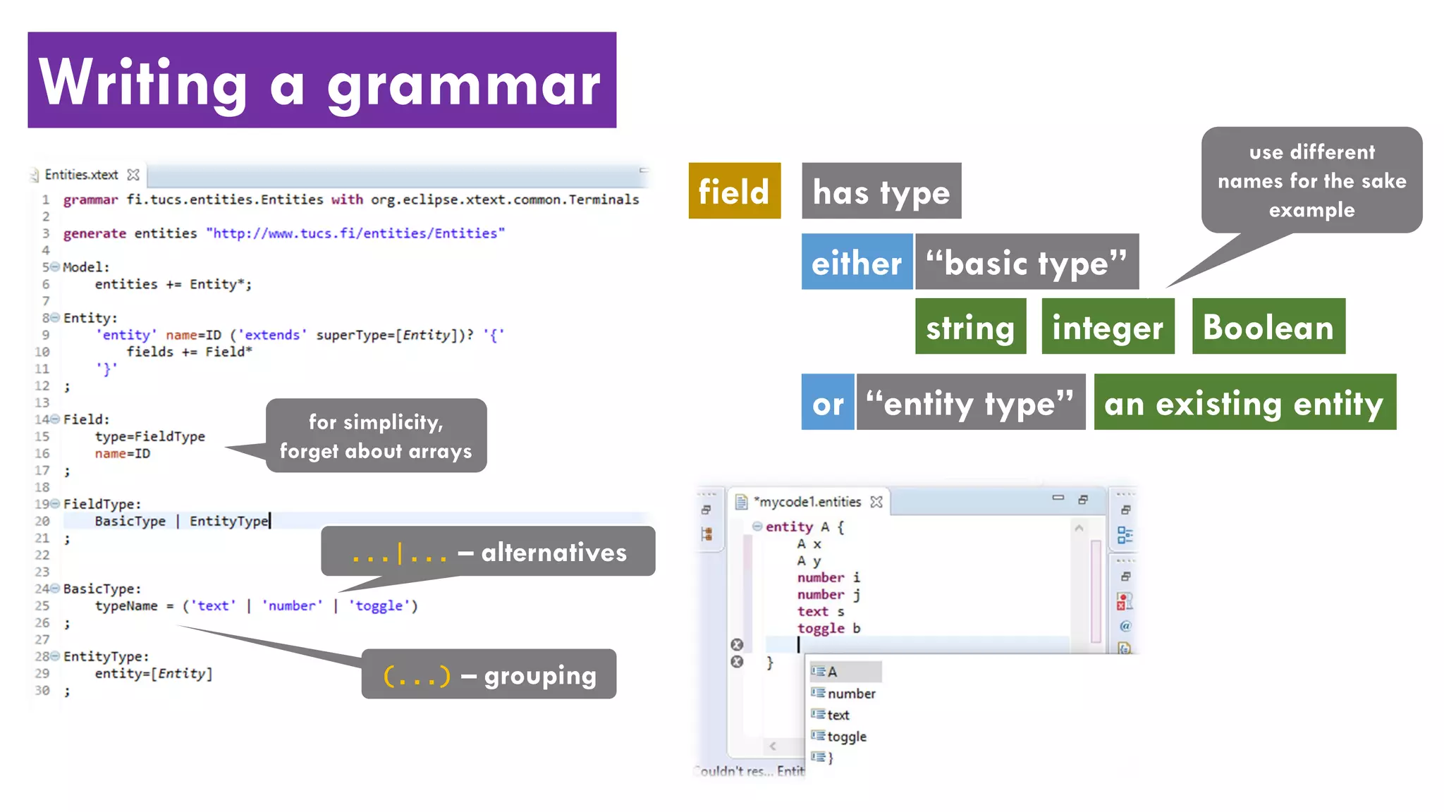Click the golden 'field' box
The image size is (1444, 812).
734,191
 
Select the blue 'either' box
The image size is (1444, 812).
857,262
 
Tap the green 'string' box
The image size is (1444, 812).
970,326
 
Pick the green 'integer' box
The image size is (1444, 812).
1108,326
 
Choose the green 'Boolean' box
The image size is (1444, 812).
1268,326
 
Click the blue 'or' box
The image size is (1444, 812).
828,402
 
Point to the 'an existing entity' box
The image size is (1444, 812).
1244,402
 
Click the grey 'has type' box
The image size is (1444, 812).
881,191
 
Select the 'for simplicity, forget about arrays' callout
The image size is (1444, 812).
376,436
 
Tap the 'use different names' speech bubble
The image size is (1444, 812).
1311,180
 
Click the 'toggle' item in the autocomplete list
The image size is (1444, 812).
846,737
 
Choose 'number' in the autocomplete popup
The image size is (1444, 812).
851,694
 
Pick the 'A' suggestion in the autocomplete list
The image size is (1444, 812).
833,672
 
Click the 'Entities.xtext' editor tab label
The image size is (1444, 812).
81,175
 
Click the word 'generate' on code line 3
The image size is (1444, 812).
94,233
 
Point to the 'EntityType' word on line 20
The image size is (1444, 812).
229,521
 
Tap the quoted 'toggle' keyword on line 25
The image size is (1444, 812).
379,605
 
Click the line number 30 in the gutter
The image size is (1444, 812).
42,690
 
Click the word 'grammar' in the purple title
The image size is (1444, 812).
463,85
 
